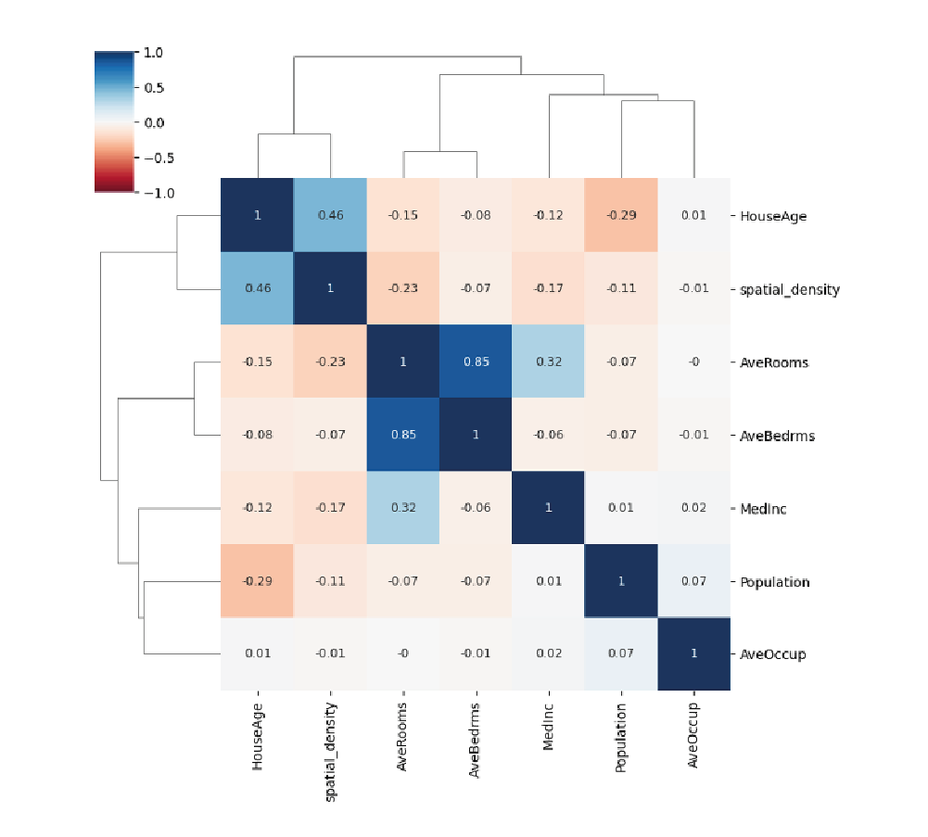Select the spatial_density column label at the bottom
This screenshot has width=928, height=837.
pos(331,737)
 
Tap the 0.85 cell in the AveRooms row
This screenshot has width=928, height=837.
pos(476,361)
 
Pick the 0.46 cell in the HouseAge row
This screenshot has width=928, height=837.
pos(331,215)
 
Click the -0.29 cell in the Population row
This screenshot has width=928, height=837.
pos(258,581)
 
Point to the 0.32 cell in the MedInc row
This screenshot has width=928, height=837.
pos(403,508)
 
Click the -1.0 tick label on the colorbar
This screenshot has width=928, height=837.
pos(153,192)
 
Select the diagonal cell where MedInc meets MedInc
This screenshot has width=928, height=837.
pos(549,508)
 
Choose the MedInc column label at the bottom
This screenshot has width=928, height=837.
pos(549,727)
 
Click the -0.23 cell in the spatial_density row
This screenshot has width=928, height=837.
pos(403,288)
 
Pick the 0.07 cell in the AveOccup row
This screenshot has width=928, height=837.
pos(621,654)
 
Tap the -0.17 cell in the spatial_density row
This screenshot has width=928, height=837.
pos(549,288)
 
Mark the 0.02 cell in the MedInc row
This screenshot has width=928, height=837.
pos(694,508)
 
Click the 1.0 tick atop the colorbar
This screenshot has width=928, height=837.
pos(153,54)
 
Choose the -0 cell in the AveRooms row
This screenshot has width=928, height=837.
pos(694,361)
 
